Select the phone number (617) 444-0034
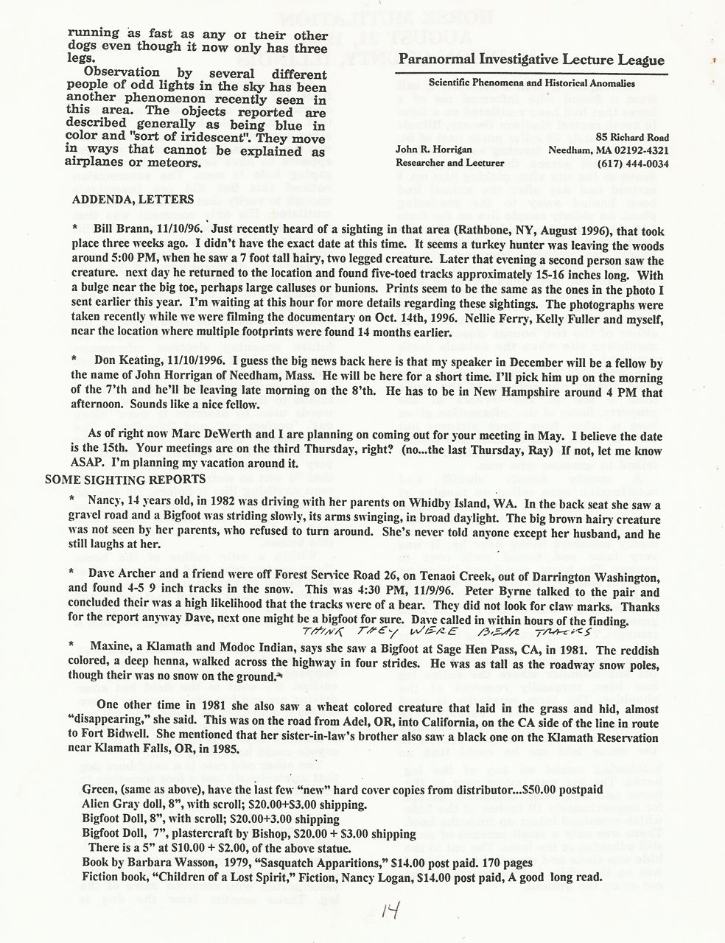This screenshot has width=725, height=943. tap(631, 164)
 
